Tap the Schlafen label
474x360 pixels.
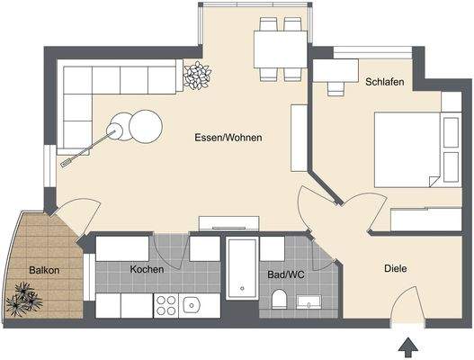(x=384, y=82)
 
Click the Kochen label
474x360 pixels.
(x=146, y=269)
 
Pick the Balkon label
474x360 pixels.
(x=44, y=270)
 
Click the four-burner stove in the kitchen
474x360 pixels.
(x=166, y=305)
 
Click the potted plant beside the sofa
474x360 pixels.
(x=194, y=76)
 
